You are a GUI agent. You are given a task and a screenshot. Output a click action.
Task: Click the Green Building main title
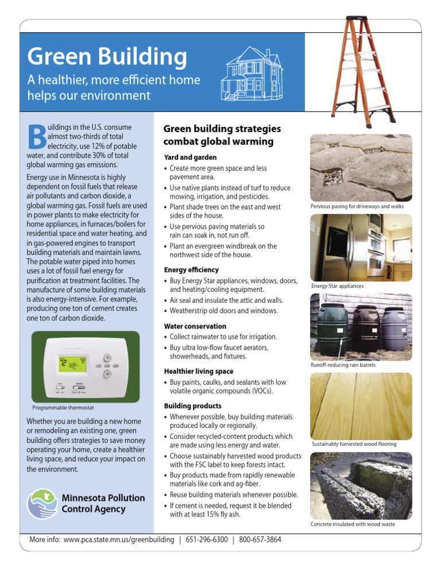[x=107, y=57]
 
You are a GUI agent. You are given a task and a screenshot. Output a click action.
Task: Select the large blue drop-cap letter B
[x=36, y=134]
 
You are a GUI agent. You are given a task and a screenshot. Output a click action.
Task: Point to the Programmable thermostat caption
[x=64, y=408]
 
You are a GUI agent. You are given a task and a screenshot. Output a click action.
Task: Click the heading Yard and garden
[x=190, y=157]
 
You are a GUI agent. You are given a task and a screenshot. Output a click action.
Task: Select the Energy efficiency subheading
[x=191, y=269]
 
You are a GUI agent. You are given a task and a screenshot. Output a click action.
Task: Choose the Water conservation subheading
[x=195, y=326]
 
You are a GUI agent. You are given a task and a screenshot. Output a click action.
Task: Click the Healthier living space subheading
[x=198, y=371]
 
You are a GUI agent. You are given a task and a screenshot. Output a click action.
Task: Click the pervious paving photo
[x=361, y=167]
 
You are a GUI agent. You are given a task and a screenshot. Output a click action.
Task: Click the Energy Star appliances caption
[x=337, y=285]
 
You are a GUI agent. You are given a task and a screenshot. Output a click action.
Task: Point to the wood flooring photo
[x=361, y=406]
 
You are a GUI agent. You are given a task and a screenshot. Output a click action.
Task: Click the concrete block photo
[x=361, y=485]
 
